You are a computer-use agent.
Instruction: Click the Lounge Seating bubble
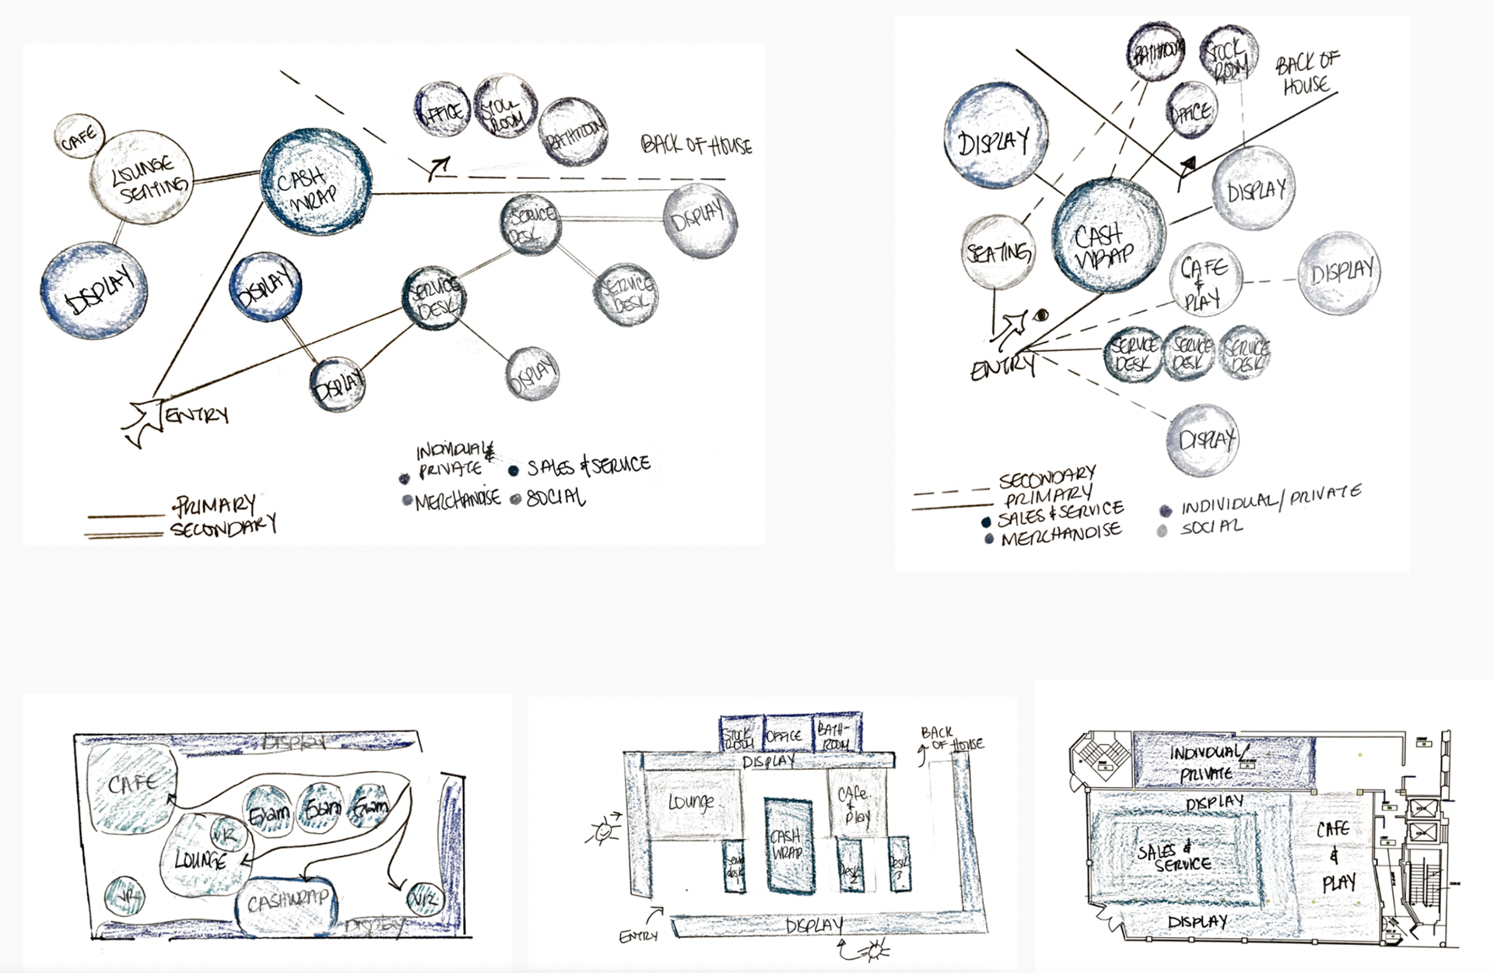click(x=142, y=177)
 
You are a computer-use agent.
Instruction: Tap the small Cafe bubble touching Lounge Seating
click(x=79, y=136)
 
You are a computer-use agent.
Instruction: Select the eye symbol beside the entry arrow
click(x=1042, y=315)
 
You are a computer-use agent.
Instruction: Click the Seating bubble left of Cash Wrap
click(x=998, y=252)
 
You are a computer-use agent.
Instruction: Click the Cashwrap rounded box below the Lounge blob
click(x=287, y=904)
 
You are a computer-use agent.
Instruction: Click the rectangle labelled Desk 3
click(x=899, y=864)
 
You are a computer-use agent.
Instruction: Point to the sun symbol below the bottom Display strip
click(x=877, y=949)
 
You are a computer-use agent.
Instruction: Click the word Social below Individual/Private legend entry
click(x=1211, y=528)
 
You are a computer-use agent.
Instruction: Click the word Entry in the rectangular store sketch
click(x=638, y=936)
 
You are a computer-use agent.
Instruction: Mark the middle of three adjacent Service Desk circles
click(x=1191, y=354)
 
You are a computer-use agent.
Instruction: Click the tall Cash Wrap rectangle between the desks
click(x=788, y=845)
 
